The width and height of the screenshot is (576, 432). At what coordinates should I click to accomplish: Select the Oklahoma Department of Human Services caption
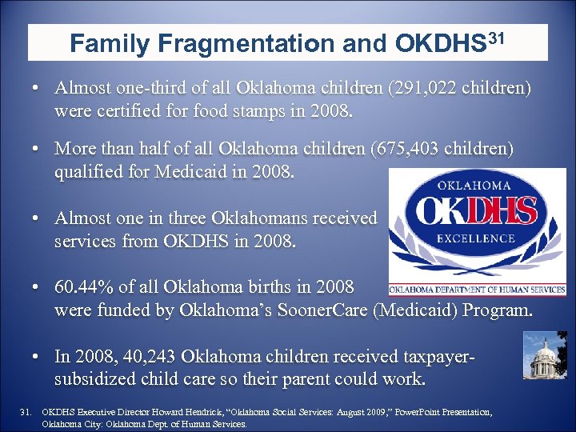pos(480,290)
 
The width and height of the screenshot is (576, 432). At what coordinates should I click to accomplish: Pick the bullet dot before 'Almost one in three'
pos(37,218)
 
